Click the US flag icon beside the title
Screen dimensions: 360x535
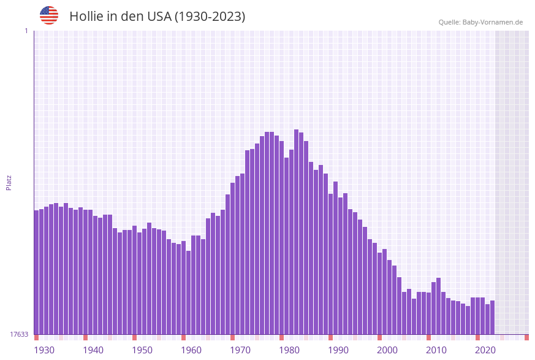click(x=49, y=15)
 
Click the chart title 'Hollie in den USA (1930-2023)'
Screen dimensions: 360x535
click(x=157, y=17)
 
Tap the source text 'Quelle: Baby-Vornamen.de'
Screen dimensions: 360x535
click(x=480, y=22)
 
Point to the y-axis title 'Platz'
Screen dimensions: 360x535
click(x=9, y=182)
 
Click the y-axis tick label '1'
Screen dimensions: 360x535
click(x=26, y=31)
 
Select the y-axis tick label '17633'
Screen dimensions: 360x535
click(x=19, y=334)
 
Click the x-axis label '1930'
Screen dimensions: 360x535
click(x=44, y=350)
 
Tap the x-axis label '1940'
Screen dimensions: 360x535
click(x=93, y=350)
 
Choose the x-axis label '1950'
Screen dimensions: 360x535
click(x=142, y=350)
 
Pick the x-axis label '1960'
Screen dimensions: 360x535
click(x=191, y=350)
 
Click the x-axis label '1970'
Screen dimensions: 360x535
click(x=240, y=350)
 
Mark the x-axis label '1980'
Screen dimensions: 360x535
click(x=289, y=350)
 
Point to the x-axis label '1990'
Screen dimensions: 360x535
click(x=338, y=350)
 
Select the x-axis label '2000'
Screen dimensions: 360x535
click(x=387, y=350)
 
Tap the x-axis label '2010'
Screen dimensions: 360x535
click(x=436, y=350)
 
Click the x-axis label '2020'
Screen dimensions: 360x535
click(x=485, y=350)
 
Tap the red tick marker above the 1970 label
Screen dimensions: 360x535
click(x=232, y=337)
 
